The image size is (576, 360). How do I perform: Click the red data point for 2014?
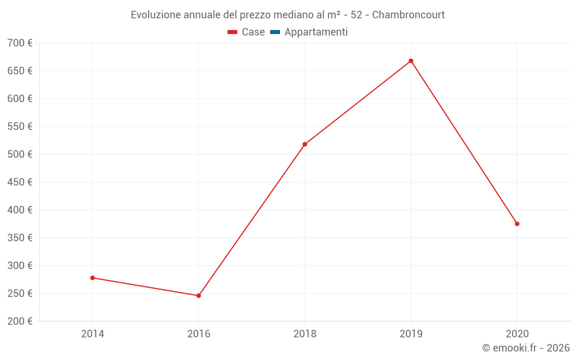click(x=92, y=278)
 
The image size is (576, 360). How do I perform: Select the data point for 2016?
click(x=199, y=295)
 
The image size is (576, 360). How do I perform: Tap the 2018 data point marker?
click(x=305, y=144)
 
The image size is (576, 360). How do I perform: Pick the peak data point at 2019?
click(x=411, y=60)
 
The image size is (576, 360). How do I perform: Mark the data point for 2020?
click(x=517, y=223)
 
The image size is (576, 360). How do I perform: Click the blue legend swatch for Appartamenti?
click(x=275, y=32)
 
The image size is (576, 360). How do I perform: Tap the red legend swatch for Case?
click(x=232, y=32)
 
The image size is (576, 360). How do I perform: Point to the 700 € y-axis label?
click(x=20, y=43)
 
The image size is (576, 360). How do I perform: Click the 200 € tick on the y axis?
click(x=20, y=321)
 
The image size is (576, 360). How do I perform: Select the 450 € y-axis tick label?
click(x=20, y=182)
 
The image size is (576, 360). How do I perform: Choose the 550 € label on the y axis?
click(x=20, y=127)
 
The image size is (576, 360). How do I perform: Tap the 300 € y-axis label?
click(x=20, y=266)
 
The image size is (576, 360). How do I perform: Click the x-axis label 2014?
click(x=92, y=334)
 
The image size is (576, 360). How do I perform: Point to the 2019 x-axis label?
click(x=411, y=334)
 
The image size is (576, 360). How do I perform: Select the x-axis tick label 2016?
click(x=199, y=334)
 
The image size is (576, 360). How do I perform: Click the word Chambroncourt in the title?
click(x=408, y=15)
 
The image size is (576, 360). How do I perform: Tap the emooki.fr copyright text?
click(x=526, y=348)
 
